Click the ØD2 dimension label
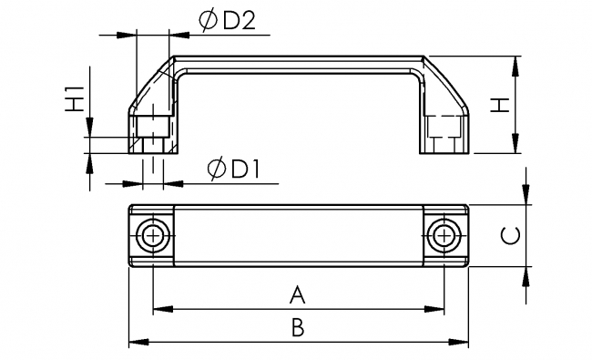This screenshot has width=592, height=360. point(224,22)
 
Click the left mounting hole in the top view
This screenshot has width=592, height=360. point(152,235)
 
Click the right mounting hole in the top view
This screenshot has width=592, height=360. point(444,235)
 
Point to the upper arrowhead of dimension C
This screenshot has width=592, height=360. point(527,198)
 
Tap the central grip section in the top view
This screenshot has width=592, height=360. point(298,235)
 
